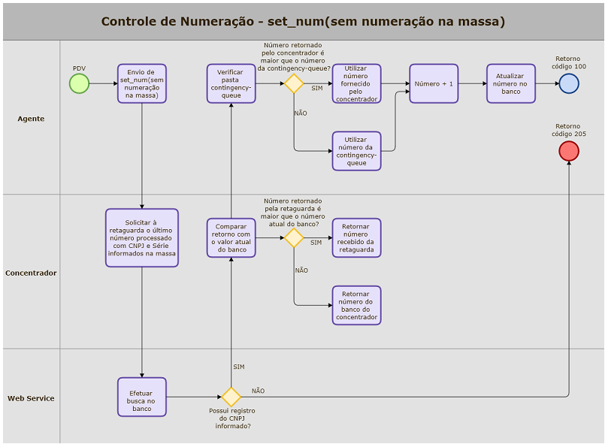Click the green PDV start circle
coord(79,83)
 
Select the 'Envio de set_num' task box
coord(141,83)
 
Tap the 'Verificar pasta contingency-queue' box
coord(231,83)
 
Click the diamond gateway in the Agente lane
coord(293,83)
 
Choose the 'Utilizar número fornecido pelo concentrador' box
coord(356,83)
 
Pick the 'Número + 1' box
coord(434,83)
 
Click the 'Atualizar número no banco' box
coord(511,83)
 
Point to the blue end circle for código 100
coord(569,83)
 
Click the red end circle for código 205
coord(569,151)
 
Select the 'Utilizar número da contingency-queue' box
coord(356,151)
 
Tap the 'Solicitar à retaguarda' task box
coord(141,238)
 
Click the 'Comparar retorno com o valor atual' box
coord(231,238)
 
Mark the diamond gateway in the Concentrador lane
coord(293,238)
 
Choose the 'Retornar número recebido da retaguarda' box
coord(356,238)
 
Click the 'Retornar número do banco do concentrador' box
coord(356,305)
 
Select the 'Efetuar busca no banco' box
coord(141,397)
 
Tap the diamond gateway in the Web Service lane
coord(231,397)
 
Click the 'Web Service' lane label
coord(31,398)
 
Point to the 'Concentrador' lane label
coord(31,273)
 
